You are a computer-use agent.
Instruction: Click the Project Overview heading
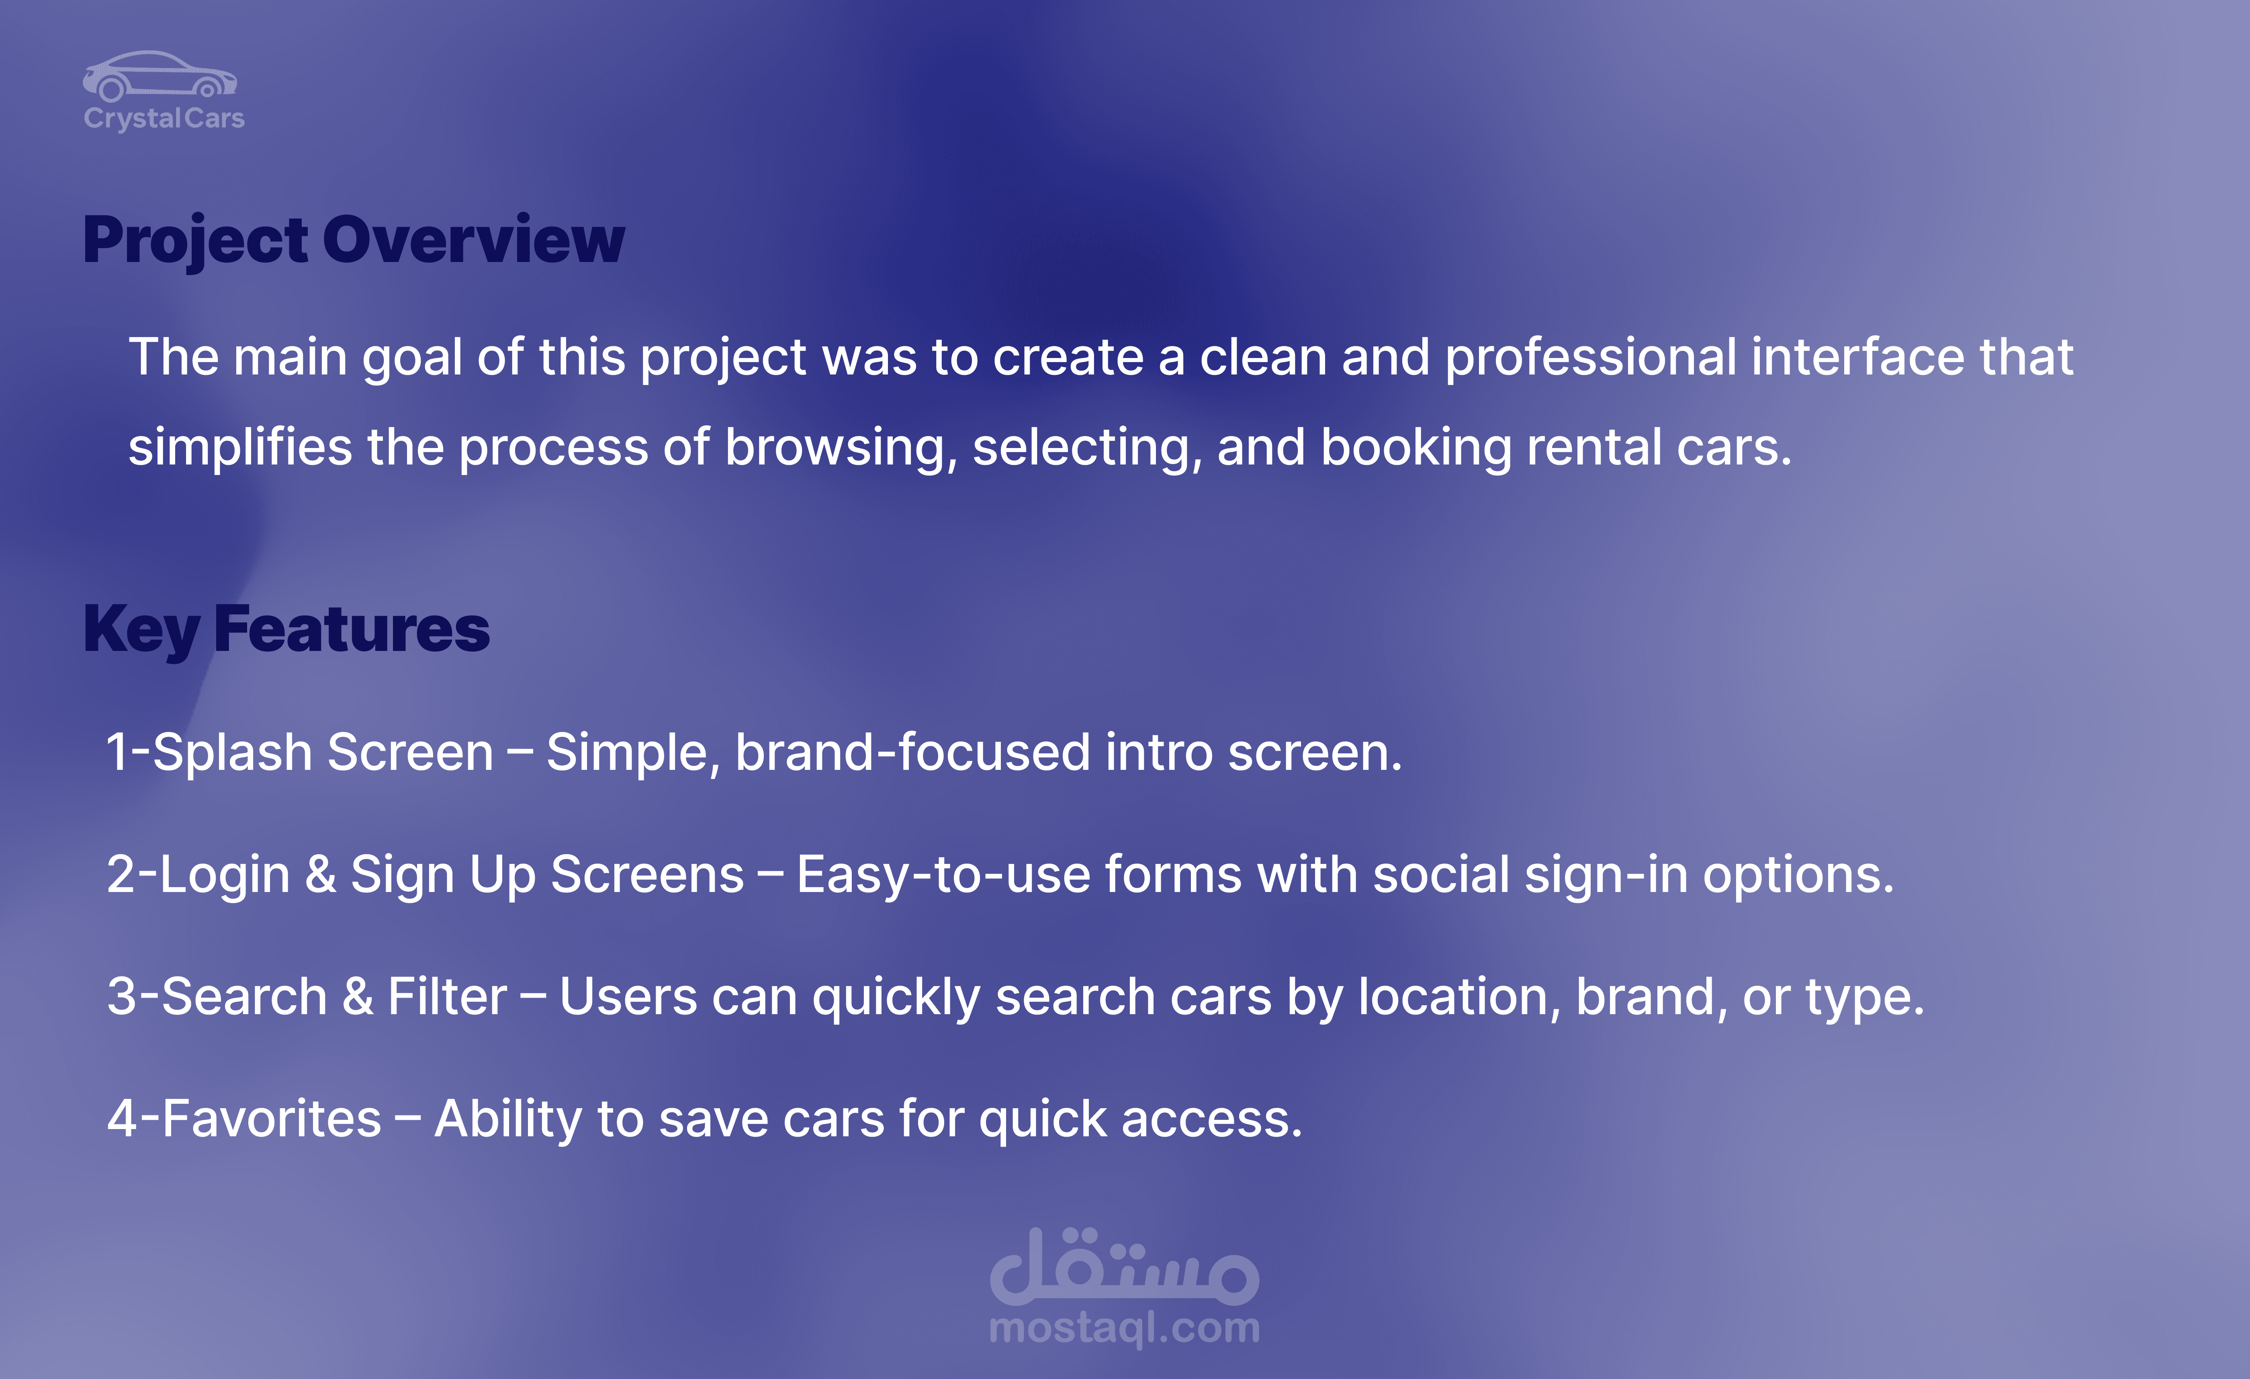(x=354, y=240)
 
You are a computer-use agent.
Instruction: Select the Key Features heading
(x=286, y=630)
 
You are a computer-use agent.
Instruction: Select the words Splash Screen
(x=322, y=753)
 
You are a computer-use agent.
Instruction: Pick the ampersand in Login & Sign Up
(x=321, y=875)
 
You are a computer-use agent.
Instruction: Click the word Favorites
(x=271, y=1119)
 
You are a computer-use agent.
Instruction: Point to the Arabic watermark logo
(x=1124, y=1266)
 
